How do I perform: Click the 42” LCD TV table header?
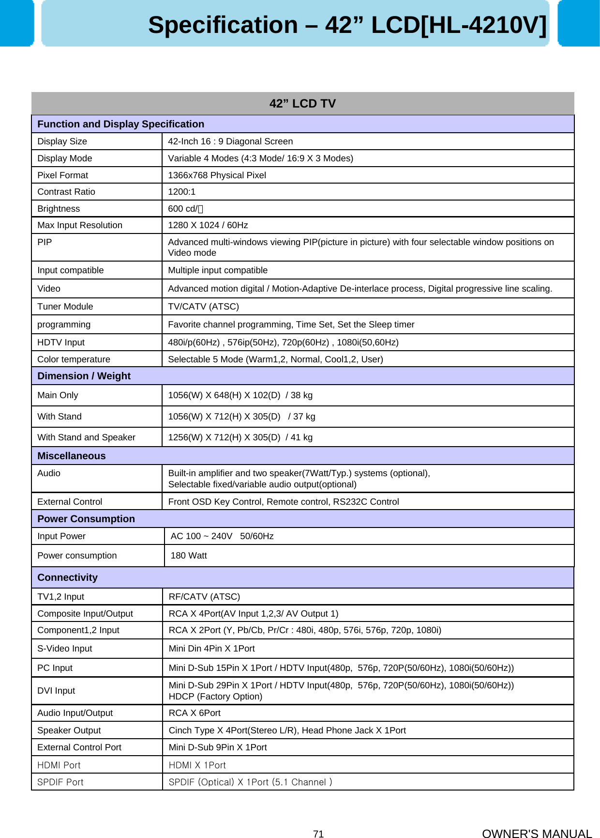pos(302,103)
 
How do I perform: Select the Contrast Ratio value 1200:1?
pos(181,192)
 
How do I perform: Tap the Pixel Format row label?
pos(63,175)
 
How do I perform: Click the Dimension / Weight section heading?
pos(84,376)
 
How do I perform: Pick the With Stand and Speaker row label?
pos(86,437)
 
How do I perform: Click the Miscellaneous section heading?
pos(71,456)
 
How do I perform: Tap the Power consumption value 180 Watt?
pos(189,556)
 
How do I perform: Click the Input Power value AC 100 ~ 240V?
pos(202,536)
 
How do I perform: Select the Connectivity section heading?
pos(67,577)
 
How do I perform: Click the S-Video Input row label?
pos(64,649)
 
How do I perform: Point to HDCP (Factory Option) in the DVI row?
pos(215,697)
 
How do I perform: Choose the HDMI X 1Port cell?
pos(197,765)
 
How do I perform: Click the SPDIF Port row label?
pos(60,782)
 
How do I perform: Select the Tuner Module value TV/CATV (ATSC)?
pos(203,307)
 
